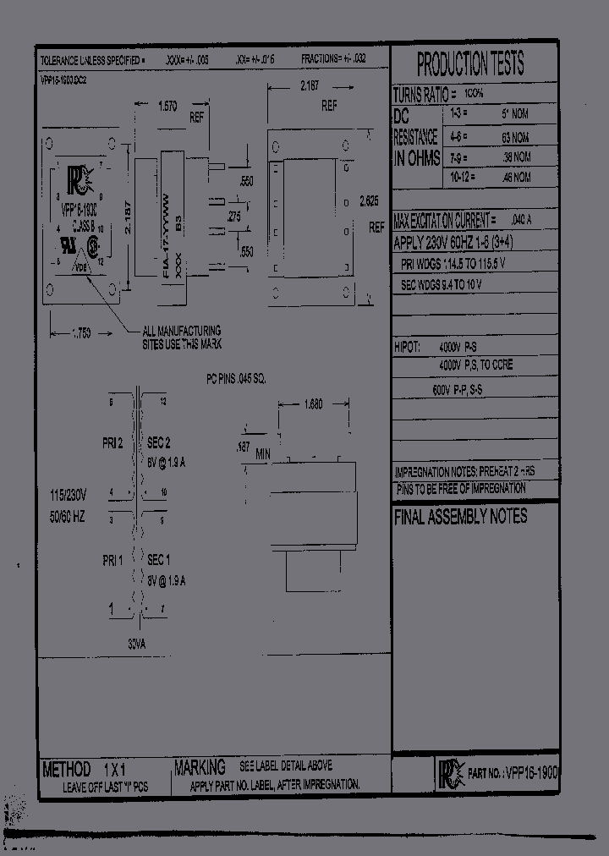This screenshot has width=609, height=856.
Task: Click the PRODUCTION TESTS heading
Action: coord(470,63)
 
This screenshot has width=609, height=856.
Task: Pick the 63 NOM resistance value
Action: coord(514,137)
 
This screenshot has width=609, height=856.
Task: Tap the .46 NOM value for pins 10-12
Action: coord(514,178)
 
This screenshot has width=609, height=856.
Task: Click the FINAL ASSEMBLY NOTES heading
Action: coord(460,517)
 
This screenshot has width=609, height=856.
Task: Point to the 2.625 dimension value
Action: coord(368,201)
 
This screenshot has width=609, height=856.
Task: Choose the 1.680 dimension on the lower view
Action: coord(313,403)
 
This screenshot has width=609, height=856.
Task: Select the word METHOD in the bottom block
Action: coord(67,769)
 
